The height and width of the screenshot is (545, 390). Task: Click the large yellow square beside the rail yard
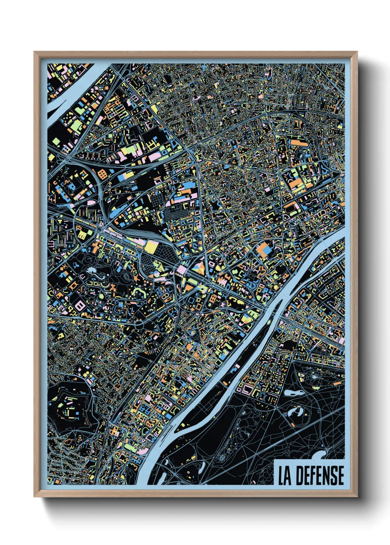click(x=151, y=247)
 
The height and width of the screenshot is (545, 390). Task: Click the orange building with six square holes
click(x=103, y=174)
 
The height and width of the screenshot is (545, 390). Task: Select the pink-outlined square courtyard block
click(x=247, y=388)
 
